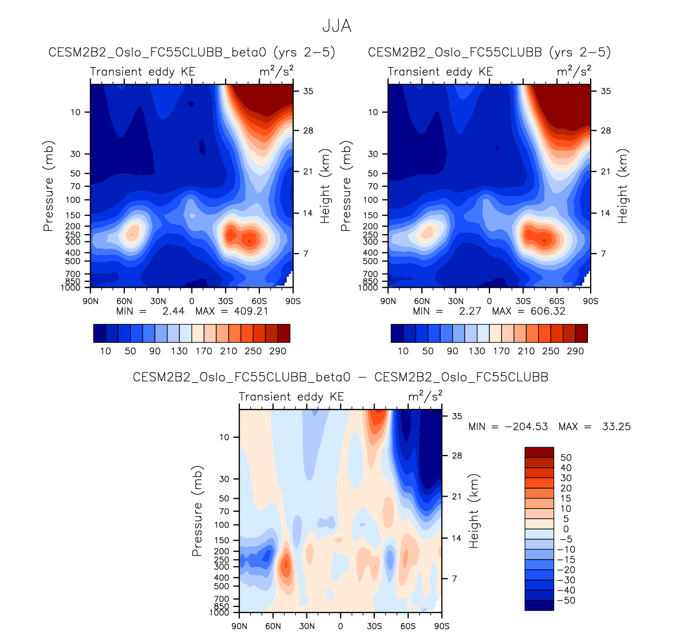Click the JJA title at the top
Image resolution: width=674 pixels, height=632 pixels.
point(336,26)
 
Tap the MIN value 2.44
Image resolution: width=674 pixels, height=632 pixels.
point(174,311)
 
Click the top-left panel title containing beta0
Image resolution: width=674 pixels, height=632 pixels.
point(191,52)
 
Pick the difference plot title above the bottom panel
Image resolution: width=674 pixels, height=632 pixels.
point(340,377)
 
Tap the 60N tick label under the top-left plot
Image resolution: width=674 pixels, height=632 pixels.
point(124,301)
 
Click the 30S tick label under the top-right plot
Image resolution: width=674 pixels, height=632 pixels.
point(523,301)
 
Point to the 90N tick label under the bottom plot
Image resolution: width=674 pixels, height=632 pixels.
point(240,626)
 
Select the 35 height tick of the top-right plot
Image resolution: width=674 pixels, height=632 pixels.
point(606,91)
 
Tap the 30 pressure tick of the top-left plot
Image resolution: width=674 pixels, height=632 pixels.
point(75,154)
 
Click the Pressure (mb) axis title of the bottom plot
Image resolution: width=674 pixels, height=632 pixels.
point(197,511)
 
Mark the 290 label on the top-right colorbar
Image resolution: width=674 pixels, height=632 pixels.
point(575,351)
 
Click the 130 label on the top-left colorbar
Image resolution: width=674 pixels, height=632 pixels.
point(179,351)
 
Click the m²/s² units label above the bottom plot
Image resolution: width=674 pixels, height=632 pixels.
point(425,396)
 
